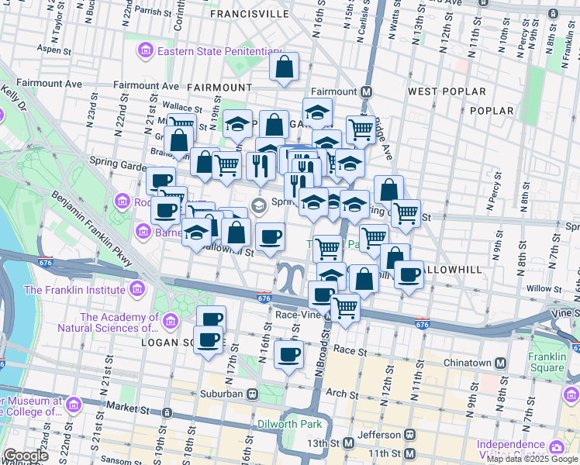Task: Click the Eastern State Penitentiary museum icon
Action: coord(145,51)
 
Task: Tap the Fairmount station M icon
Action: coord(367,91)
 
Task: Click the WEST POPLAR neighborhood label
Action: coord(447,91)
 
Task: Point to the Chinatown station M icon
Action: coord(501,363)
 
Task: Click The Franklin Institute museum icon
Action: coord(137,290)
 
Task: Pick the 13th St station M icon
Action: coord(349,443)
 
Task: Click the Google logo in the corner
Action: coord(25,456)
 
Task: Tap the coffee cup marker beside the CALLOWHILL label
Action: coord(409,274)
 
